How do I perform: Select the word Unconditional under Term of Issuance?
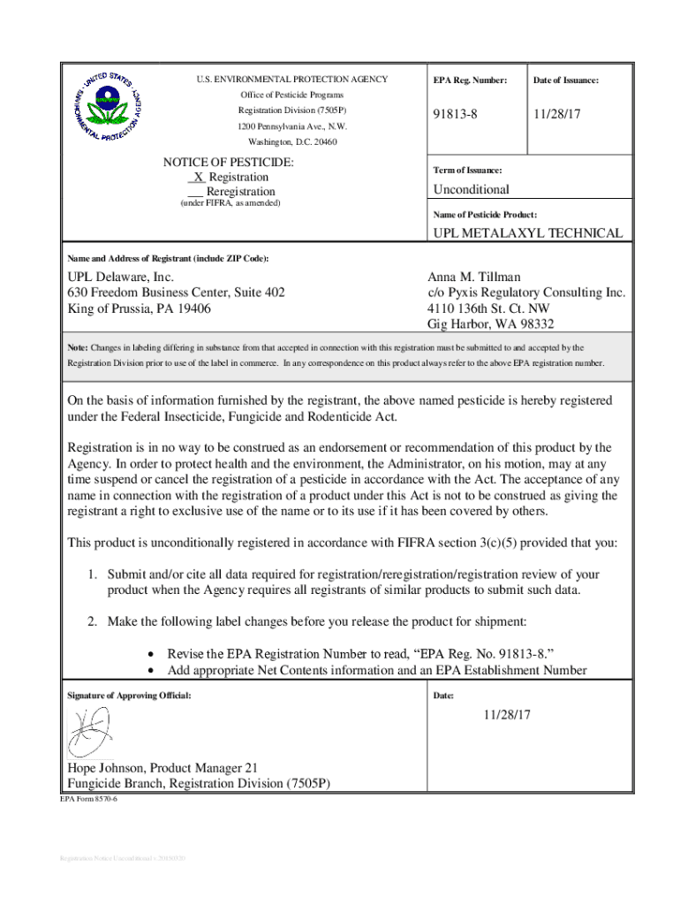pyautogui.click(x=471, y=189)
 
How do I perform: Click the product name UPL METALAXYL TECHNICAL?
pyautogui.click(x=527, y=233)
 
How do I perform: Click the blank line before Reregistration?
pyautogui.click(x=196, y=192)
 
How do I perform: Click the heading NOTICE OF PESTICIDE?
pyautogui.click(x=229, y=163)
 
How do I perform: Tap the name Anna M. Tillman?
pyautogui.click(x=474, y=278)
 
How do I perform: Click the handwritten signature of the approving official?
pyautogui.click(x=89, y=733)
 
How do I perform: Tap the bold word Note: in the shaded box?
pyautogui.click(x=78, y=348)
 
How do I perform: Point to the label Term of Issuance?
pyautogui.click(x=467, y=170)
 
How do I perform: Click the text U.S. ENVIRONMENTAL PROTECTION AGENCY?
pyautogui.click(x=291, y=80)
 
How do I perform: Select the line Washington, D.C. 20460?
pyautogui.click(x=291, y=141)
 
